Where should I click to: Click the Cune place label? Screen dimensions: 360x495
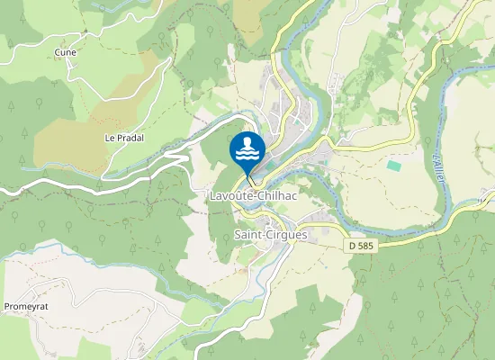tap(65, 52)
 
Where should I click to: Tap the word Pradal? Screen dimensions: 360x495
tap(130, 138)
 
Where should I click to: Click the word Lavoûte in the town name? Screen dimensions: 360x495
tap(230, 195)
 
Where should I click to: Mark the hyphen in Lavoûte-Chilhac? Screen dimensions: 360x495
tap(256, 196)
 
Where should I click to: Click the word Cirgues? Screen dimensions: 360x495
tap(288, 235)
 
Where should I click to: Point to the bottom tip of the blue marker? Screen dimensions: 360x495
tap(247, 176)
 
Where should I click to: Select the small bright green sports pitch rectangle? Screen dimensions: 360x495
tap(394, 166)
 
